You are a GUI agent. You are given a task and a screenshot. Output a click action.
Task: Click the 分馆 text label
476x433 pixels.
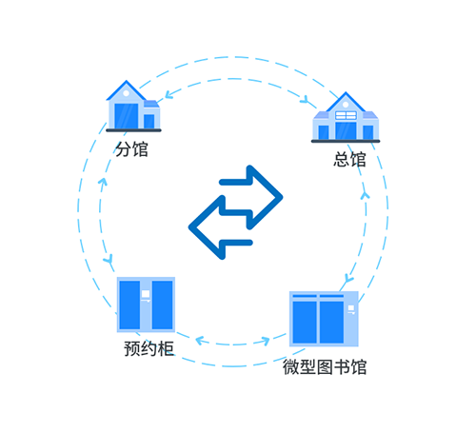131,149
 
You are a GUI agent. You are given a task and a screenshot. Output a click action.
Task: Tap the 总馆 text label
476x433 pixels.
349,159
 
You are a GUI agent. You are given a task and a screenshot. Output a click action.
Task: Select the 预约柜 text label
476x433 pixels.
149,348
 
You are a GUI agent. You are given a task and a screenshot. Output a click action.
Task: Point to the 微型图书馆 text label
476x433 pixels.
325,367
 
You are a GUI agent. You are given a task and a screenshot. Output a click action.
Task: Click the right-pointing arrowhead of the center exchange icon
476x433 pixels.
266,197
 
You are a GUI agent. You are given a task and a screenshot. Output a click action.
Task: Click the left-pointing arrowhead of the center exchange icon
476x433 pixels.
207,227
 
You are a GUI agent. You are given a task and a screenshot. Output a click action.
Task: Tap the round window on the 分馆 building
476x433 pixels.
126,93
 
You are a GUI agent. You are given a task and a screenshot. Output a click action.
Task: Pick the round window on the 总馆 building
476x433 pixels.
346,105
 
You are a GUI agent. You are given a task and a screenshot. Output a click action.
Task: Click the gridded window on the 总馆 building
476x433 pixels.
346,115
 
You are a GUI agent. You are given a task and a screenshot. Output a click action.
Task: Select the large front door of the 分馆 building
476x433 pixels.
127,116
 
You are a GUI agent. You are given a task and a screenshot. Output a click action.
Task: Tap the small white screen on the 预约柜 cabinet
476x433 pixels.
146,294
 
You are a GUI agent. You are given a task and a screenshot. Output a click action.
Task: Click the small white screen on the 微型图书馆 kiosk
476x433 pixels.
351,308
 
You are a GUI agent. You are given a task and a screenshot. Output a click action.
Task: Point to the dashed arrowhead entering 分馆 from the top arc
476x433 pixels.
169,94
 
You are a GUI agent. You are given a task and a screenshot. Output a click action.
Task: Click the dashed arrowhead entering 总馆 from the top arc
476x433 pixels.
305,99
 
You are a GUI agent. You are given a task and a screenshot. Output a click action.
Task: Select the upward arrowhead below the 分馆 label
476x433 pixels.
103,182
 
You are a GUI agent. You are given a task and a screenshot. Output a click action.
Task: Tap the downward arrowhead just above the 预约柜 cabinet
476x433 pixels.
109,259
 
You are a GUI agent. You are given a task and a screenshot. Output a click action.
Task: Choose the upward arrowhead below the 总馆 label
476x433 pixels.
365,195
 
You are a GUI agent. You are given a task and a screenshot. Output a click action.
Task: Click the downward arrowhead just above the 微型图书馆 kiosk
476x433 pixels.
348,279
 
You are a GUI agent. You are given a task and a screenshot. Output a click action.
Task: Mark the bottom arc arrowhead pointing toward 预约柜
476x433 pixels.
200,341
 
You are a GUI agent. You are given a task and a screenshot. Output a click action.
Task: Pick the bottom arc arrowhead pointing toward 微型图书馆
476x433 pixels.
266,342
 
